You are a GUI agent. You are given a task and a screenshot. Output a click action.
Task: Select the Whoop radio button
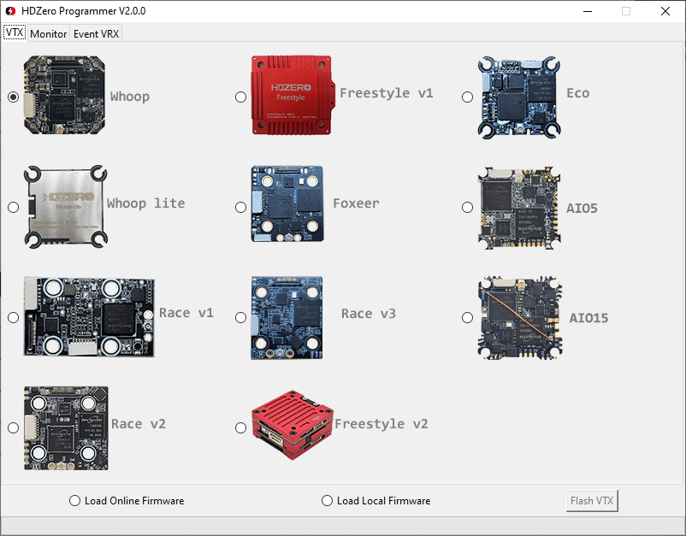(13, 97)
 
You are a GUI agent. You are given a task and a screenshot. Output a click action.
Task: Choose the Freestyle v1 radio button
(240, 97)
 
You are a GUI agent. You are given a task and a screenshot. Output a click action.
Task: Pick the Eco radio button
(467, 97)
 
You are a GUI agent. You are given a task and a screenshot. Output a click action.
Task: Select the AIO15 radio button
(467, 317)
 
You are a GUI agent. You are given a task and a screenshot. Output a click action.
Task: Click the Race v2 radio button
(13, 427)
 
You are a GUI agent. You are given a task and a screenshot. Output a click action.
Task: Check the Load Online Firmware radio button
(75, 501)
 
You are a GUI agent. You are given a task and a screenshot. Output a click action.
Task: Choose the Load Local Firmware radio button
(327, 501)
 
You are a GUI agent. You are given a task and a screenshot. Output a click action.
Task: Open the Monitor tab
(48, 34)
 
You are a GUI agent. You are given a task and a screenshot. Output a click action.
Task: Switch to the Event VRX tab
(97, 34)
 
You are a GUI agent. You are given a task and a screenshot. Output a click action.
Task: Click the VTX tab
(15, 33)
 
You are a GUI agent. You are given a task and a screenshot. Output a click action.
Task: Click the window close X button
(665, 11)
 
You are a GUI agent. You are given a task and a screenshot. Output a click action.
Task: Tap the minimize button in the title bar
(588, 11)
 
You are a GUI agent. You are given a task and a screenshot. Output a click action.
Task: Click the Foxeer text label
(355, 203)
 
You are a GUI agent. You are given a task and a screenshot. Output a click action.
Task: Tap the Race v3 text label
(368, 314)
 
